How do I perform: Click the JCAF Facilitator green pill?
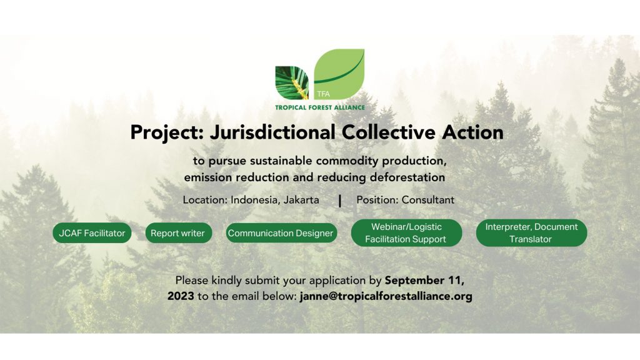tap(92, 233)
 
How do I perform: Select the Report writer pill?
tap(178, 233)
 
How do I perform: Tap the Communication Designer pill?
tap(281, 233)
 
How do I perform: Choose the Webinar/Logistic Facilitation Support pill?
tap(406, 233)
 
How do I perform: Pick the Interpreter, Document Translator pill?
tap(531, 233)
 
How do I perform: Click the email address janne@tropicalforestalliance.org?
tap(386, 296)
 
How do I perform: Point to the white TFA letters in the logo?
tap(323, 94)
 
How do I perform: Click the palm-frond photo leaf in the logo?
tap(292, 83)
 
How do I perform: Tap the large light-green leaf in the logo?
tap(339, 74)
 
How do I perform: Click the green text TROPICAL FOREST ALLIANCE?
tap(320, 107)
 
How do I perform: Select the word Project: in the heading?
tap(167, 133)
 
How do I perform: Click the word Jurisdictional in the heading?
tap(272, 132)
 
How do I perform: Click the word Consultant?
tap(427, 200)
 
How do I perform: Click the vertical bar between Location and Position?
tap(339, 201)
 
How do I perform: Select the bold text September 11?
tap(424, 281)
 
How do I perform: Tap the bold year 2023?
tap(181, 296)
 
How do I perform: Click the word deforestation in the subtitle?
tap(407, 177)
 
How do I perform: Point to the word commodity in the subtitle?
tap(347, 161)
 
